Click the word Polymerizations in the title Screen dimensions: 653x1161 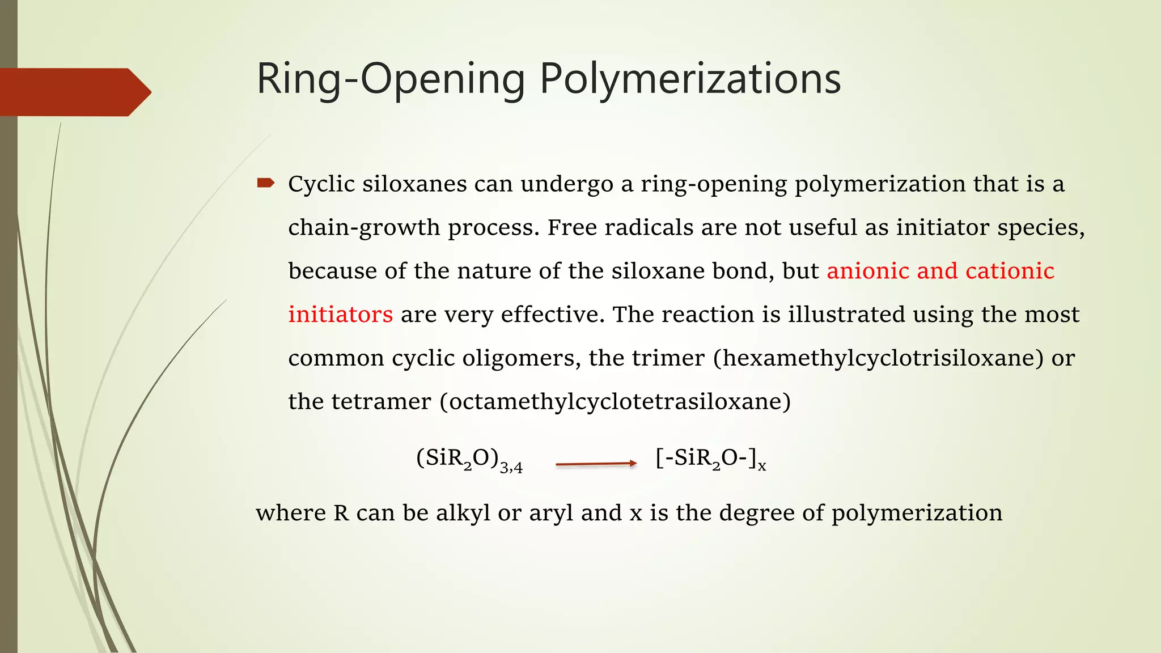tap(690, 79)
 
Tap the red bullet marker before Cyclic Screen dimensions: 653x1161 tap(265, 183)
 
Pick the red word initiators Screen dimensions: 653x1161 tap(340, 315)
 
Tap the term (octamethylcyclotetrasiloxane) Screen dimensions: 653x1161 tap(615, 402)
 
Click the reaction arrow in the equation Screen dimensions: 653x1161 tap(596, 464)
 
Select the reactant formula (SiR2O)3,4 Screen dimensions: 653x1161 tap(469, 460)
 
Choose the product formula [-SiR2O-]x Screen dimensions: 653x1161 tap(710, 459)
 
